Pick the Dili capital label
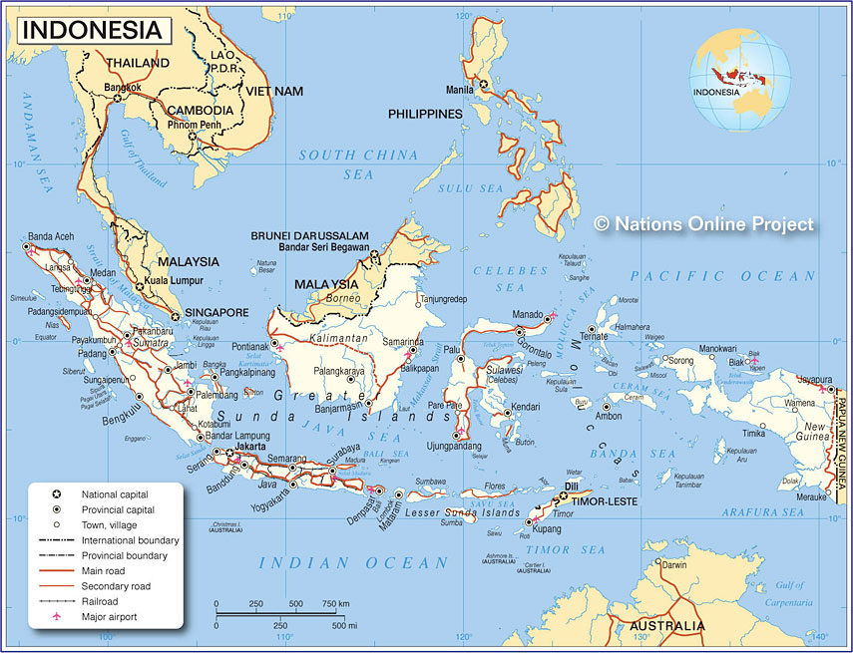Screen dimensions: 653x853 573,487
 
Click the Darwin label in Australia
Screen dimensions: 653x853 674,565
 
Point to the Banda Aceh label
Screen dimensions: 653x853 51,236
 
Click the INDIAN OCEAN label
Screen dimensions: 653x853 353,563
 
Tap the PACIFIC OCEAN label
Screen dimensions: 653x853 722,276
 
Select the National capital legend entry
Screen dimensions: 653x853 113,494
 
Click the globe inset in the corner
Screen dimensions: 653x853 739,80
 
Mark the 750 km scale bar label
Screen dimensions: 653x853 335,604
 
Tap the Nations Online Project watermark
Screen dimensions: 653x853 703,224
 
